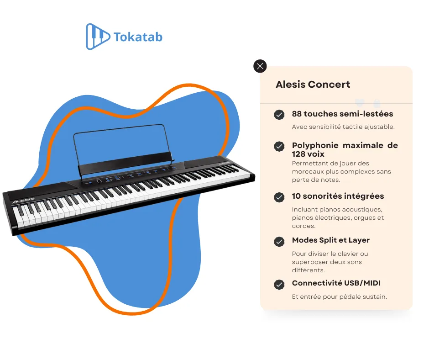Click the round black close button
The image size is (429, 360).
coord(260,66)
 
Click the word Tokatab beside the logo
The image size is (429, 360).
coord(138,37)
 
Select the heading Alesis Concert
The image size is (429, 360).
coord(313,85)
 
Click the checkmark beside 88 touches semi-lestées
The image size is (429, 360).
coord(279,115)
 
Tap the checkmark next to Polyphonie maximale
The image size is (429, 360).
coord(279,146)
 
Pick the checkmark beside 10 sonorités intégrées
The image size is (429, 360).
coord(279,197)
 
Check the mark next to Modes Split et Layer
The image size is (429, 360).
coord(279,241)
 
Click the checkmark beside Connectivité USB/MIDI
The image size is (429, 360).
coord(279,285)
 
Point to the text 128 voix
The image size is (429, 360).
coord(308,154)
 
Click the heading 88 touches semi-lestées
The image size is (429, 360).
coord(342,114)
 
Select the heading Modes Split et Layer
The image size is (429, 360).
coord(331,240)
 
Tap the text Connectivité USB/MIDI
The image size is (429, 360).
coord(336,283)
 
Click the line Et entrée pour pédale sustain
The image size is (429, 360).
coord(339,297)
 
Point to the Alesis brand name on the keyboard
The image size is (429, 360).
coord(23,201)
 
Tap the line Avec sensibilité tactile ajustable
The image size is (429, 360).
coord(343,127)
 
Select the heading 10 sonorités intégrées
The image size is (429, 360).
coord(338,196)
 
